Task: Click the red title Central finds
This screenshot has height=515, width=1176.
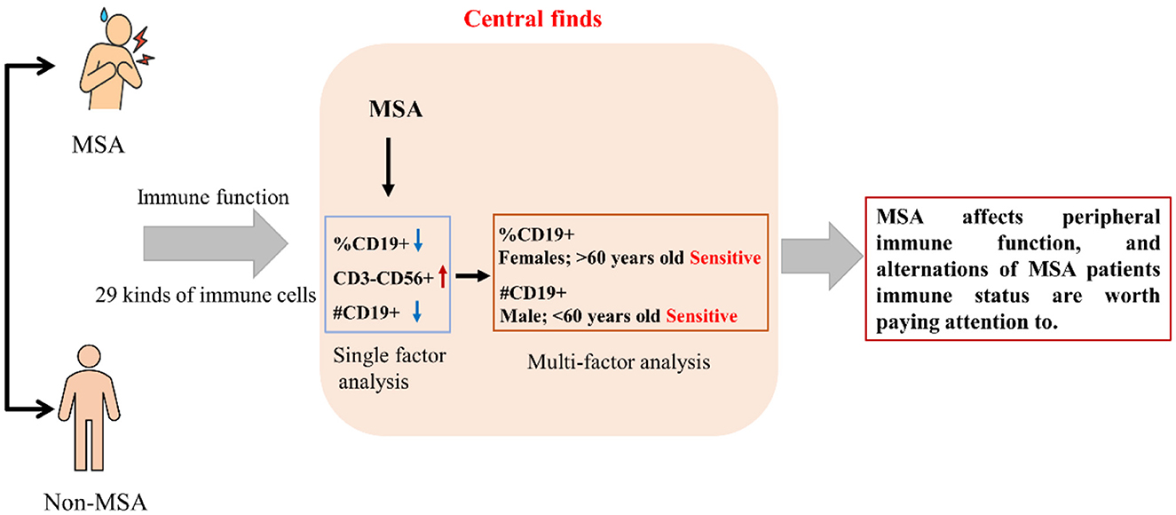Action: (x=533, y=20)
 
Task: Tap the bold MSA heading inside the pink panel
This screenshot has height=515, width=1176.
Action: (x=395, y=109)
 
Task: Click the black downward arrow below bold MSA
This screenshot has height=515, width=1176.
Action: (x=388, y=167)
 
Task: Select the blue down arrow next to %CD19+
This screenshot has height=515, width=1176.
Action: (x=418, y=240)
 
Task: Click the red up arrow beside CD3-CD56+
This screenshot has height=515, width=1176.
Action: (x=443, y=276)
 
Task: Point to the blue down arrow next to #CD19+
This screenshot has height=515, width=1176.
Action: (x=417, y=311)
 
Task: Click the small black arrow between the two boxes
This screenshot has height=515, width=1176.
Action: (x=472, y=275)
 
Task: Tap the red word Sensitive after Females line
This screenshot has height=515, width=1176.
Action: (x=725, y=257)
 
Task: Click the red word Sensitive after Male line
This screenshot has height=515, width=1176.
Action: (x=701, y=316)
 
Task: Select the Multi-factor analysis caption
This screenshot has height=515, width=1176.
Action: (x=619, y=362)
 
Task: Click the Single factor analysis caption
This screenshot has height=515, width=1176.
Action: (x=389, y=368)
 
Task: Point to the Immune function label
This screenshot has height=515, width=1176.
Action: (x=213, y=197)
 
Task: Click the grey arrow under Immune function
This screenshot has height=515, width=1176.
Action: (x=216, y=243)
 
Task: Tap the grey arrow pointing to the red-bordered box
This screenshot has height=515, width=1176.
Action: (x=822, y=257)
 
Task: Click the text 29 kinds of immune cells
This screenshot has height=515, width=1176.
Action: (x=205, y=296)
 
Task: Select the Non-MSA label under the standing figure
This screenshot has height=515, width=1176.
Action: (x=95, y=503)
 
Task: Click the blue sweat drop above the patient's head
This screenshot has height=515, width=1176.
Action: (x=105, y=14)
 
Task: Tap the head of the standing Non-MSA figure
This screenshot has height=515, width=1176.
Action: (x=89, y=356)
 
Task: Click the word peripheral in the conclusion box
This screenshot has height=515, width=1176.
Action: (x=1111, y=218)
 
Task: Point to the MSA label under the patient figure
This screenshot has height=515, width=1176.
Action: (x=99, y=145)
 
